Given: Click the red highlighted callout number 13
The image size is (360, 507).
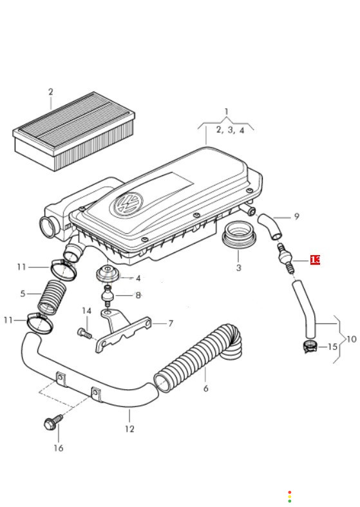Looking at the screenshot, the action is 315,260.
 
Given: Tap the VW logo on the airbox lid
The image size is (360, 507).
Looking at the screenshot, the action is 128,205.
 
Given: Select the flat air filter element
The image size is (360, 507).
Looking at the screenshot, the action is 73,131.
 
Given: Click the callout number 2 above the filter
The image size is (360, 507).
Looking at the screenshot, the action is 51,92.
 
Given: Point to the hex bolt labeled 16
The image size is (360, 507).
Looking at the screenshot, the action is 53,421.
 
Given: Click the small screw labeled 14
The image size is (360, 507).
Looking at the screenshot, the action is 84,332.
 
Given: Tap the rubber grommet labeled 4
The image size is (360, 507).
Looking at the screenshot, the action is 107,274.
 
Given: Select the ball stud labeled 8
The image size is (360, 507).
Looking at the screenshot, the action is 108,296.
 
